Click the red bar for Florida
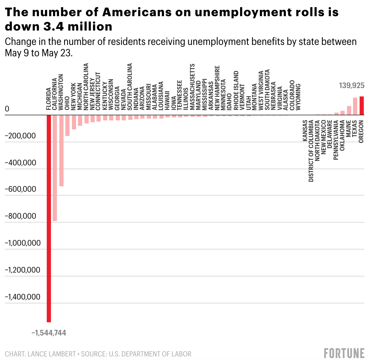click(x=49, y=219)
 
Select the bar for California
click(x=55, y=168)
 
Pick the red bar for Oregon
click(x=361, y=106)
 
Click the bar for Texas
click(x=355, y=106)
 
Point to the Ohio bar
click(x=67, y=125)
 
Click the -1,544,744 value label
click(x=49, y=332)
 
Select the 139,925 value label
click(x=352, y=86)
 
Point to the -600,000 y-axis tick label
click(x=20, y=189)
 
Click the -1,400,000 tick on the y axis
click(x=22, y=297)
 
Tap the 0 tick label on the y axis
click(x=7, y=109)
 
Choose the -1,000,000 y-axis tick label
click(x=22, y=243)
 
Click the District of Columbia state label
click(x=311, y=151)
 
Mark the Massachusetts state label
click(x=192, y=87)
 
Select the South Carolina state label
click(x=130, y=87)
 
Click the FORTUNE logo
click(x=344, y=353)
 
